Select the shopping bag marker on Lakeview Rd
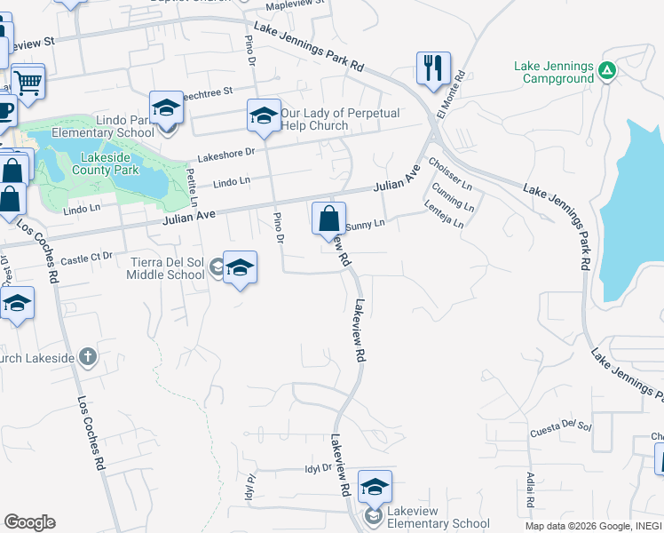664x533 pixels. (328, 217)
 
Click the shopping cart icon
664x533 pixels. (28, 81)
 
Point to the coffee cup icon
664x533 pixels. (5, 112)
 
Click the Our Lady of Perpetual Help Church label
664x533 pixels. (340, 119)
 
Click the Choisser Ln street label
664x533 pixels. (449, 170)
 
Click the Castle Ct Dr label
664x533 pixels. (87, 258)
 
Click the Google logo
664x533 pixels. (29, 522)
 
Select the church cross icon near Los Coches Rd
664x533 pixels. (86, 357)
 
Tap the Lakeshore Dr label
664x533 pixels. (225, 153)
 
